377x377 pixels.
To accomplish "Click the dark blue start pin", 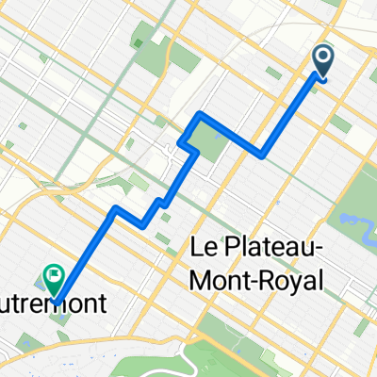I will [x=322, y=61].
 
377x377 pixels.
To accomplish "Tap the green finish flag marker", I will [x=54, y=280].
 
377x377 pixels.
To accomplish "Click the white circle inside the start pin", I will [x=322, y=58].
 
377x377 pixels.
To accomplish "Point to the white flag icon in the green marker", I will [x=54, y=278].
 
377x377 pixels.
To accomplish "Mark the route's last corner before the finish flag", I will [x=115, y=206].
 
